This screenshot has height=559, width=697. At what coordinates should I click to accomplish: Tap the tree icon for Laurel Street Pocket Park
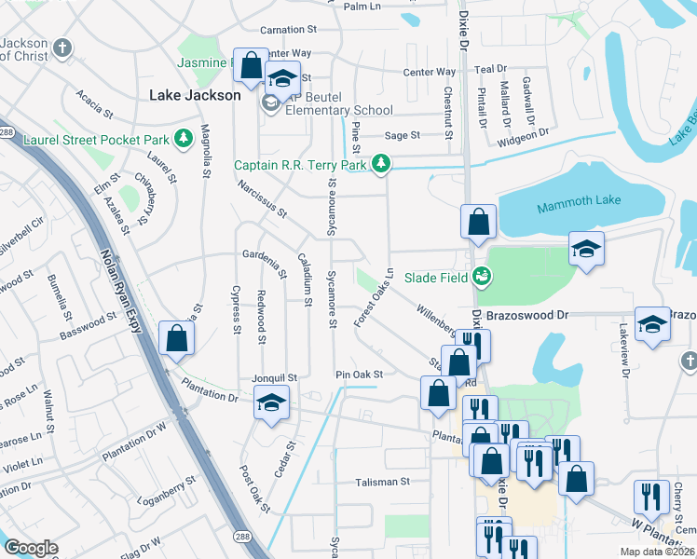pos(184,140)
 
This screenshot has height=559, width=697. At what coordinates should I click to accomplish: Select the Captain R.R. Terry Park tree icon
pos(380,165)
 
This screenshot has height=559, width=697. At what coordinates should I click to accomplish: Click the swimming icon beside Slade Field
pos(481,275)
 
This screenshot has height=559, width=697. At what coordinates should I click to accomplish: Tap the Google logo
pos(31,547)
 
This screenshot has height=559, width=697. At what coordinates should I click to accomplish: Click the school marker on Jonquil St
pos(271,402)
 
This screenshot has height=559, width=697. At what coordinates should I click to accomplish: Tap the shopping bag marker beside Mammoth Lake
pos(478,223)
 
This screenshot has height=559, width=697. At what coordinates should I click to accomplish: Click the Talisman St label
pos(382,482)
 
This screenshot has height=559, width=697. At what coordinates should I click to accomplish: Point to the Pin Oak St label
pos(360,375)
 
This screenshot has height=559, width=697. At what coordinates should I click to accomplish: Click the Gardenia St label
pos(264,266)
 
